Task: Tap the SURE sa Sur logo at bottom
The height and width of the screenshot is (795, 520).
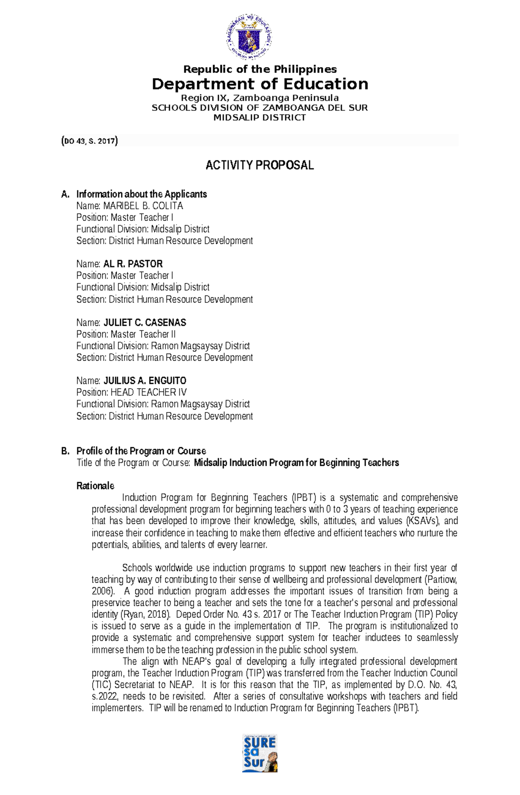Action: click(260, 753)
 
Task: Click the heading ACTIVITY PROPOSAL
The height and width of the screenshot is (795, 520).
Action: click(260, 165)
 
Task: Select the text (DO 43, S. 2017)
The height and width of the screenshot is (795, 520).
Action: click(90, 141)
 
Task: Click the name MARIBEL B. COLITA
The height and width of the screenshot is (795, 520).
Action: click(143, 206)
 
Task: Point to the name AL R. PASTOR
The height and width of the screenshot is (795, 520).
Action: click(133, 264)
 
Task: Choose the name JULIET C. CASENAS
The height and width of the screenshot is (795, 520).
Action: click(145, 322)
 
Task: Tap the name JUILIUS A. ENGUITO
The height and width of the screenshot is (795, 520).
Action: click(145, 381)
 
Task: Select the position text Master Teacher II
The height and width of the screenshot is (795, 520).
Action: click(143, 334)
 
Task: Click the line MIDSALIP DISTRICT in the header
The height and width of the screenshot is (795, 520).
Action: click(260, 118)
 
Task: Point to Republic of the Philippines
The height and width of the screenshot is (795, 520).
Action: click(260, 69)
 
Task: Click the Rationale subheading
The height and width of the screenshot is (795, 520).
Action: click(95, 486)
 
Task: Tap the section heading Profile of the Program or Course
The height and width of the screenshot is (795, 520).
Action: click(141, 451)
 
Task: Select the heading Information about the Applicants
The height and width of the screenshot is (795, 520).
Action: click(141, 194)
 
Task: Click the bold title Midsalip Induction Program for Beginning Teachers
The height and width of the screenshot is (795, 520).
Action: click(296, 463)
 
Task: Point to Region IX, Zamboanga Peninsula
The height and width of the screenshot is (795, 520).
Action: click(260, 98)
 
